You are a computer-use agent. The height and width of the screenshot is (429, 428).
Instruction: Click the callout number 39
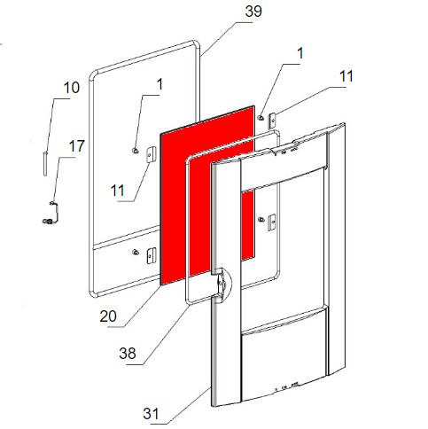click(253, 12)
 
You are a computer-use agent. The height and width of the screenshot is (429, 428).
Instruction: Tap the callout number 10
click(72, 88)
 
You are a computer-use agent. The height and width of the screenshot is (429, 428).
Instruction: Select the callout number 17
click(77, 146)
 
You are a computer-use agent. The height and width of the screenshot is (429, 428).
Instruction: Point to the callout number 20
click(108, 316)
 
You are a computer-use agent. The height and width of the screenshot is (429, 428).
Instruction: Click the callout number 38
click(128, 354)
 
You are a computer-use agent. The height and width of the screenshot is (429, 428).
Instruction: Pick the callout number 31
click(151, 414)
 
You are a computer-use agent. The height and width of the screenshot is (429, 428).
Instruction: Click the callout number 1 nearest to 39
click(300, 53)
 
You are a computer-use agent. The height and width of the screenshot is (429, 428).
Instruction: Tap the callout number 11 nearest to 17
click(117, 191)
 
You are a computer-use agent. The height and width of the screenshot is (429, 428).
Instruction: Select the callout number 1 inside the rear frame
click(160, 84)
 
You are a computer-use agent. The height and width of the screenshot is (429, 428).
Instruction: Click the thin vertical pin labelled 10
click(45, 164)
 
